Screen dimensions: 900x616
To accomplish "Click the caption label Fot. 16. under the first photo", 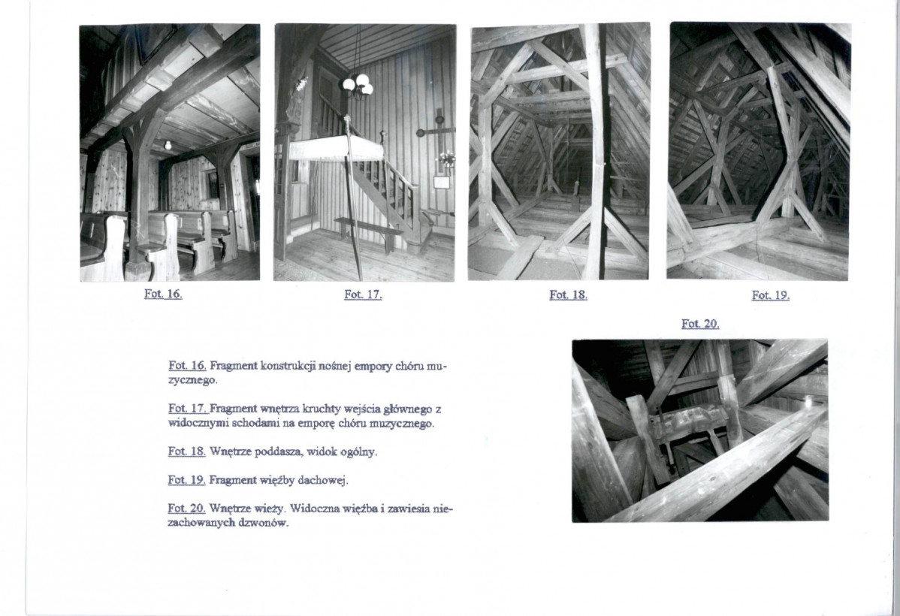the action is click(163, 294).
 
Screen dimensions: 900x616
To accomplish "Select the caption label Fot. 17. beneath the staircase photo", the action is click(364, 294).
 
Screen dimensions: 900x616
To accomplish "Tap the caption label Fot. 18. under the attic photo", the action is click(568, 294).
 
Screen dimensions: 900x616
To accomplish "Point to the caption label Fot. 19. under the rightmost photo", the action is click(771, 296).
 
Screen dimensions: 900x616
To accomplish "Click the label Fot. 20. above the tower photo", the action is click(700, 324).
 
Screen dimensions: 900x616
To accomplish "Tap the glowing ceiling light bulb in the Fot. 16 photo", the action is click(168, 145).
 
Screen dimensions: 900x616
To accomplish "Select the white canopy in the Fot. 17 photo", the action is click(336, 149).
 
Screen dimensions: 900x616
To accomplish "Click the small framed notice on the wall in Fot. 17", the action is click(442, 183).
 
